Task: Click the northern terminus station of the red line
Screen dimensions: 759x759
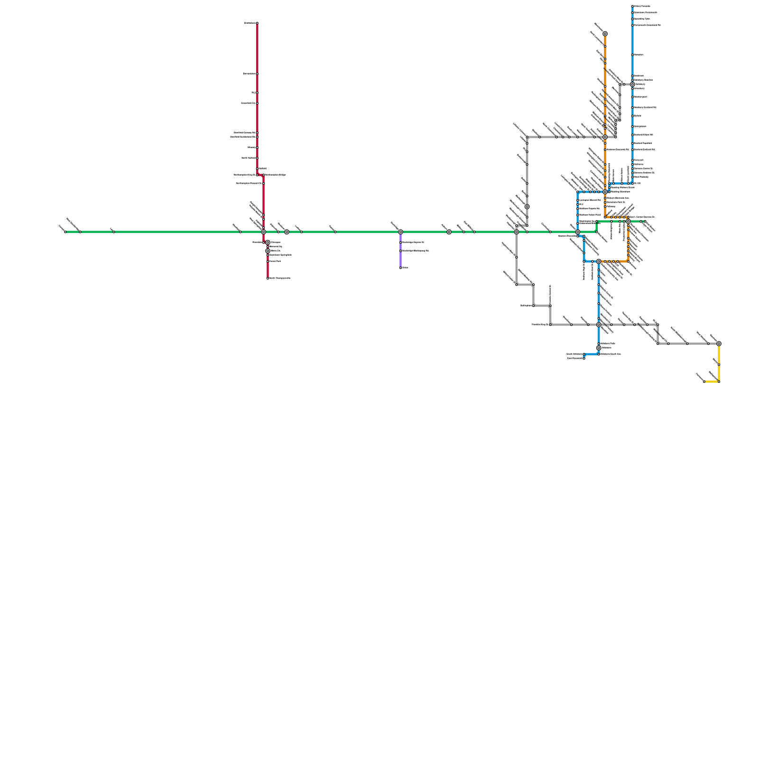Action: point(257,23)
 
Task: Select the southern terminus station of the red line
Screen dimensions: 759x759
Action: point(268,278)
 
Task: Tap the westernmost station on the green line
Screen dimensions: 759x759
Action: point(65,232)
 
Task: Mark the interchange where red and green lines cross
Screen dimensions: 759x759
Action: point(264,232)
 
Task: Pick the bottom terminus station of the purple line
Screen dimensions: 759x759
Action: point(400,268)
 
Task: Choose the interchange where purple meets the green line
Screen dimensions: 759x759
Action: point(400,232)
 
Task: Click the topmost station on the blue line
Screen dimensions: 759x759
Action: point(632,6)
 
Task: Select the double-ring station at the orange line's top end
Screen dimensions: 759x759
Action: point(605,34)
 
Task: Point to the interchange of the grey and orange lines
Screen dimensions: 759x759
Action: point(605,137)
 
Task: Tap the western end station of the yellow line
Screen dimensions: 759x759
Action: point(704,381)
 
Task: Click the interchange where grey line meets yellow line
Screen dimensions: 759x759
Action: point(719,343)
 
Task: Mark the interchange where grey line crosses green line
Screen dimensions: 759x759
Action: point(517,232)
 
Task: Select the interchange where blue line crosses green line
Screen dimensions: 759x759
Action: point(577,232)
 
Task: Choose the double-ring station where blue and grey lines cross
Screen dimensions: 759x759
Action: point(599,324)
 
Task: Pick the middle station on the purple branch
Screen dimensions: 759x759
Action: point(400,250)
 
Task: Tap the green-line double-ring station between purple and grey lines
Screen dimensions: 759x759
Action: point(449,232)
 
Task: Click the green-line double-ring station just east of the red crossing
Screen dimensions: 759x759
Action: point(287,232)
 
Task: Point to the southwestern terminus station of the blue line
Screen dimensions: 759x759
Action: point(584,358)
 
